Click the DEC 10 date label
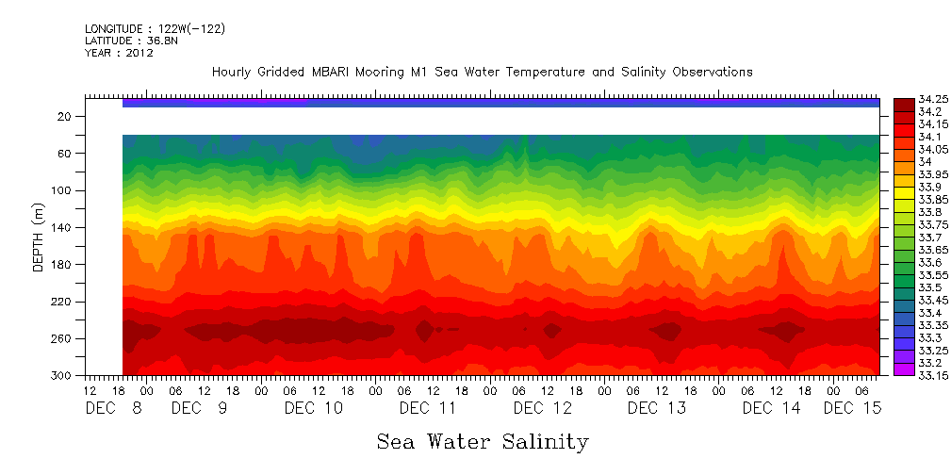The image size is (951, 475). (x=314, y=408)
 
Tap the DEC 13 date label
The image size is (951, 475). (x=657, y=408)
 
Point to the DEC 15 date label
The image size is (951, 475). (x=853, y=408)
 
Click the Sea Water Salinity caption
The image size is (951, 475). (x=483, y=441)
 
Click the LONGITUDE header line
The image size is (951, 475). (x=155, y=29)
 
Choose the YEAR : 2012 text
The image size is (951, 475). (x=119, y=53)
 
